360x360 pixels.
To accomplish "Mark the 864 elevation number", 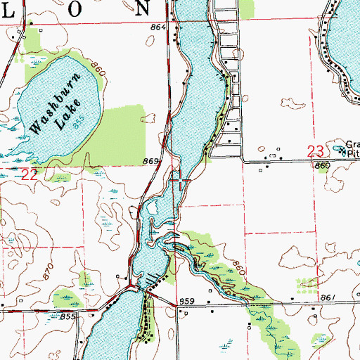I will (x=159, y=27).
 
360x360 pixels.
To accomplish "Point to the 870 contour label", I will (x=48, y=271).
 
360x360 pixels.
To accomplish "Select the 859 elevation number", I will (x=186, y=302).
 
